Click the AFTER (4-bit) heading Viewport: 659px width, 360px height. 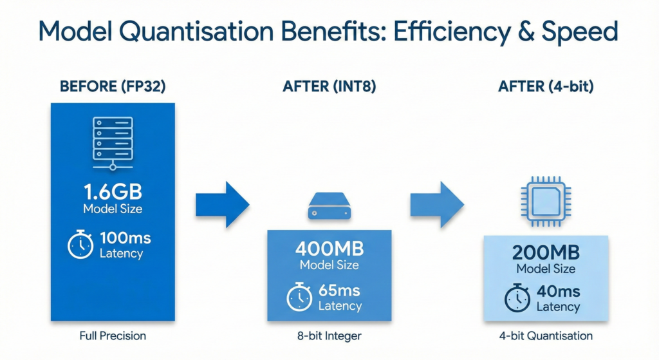pos(546,87)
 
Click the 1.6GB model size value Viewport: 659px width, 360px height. pos(113,192)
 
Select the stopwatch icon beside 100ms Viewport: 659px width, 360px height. pos(80,245)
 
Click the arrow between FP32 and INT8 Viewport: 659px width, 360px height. pos(222,205)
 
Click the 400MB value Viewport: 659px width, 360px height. pos(329,249)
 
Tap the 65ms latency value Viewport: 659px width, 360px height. pos(340,291)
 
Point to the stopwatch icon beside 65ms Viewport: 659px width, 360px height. pos(299,298)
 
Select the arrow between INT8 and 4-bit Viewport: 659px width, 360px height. pos(437,205)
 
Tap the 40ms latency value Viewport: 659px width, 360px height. pos(557,292)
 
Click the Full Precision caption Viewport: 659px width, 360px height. pos(113,336)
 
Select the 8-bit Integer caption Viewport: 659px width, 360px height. pos(329,336)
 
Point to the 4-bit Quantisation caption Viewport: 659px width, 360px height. pos(546,336)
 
